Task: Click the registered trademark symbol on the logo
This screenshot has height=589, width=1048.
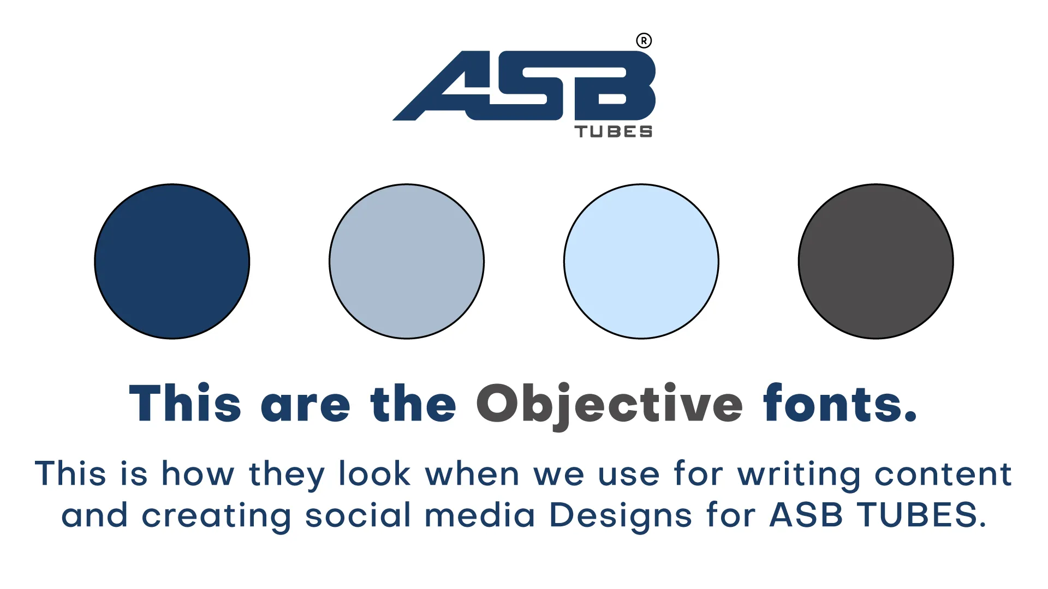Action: [x=644, y=41]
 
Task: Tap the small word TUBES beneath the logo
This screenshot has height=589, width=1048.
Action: [x=614, y=132]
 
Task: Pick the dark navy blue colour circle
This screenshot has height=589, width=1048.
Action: [x=172, y=261]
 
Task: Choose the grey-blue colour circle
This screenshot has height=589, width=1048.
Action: [x=407, y=261]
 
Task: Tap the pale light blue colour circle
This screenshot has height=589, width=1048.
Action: [x=641, y=261]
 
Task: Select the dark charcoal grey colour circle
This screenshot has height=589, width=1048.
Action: [x=876, y=261]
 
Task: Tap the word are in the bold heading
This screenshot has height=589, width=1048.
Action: [x=306, y=407]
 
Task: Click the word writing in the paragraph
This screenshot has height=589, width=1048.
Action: [x=799, y=475]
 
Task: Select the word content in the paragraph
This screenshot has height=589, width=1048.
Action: [x=943, y=473]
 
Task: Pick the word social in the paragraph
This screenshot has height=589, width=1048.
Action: [x=358, y=514]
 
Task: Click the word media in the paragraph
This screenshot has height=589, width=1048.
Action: [x=480, y=514]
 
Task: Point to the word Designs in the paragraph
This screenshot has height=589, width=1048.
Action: [x=621, y=516]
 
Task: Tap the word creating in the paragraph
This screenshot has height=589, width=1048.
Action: [x=216, y=516]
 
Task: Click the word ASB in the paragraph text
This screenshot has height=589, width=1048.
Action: [x=806, y=514]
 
